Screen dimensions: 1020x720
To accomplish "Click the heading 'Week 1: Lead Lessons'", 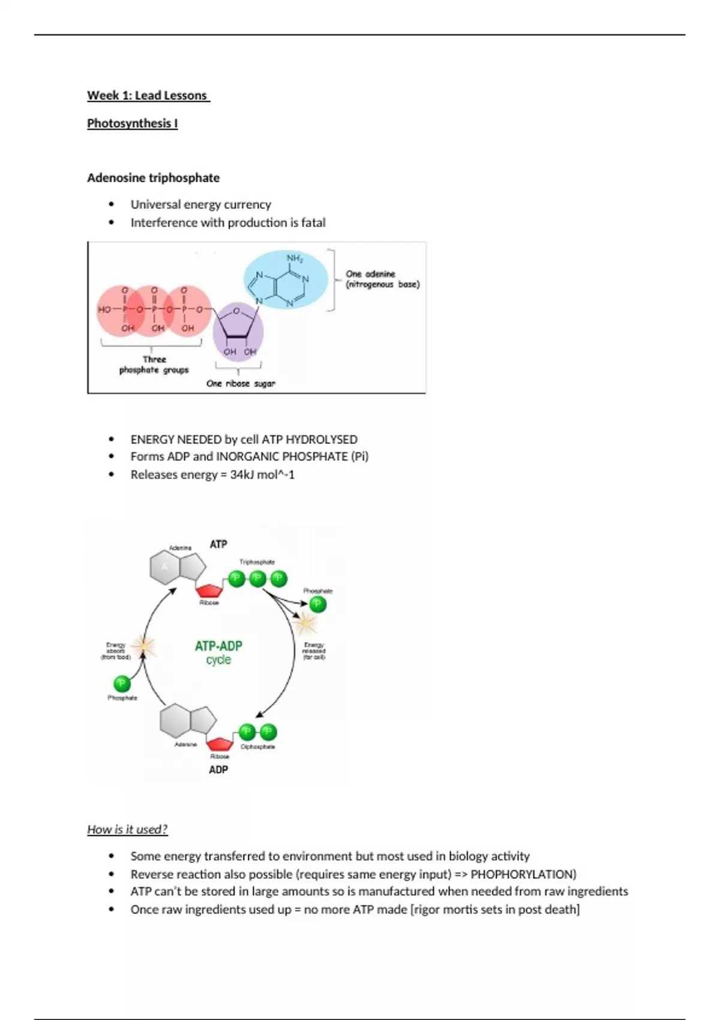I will pos(148,95).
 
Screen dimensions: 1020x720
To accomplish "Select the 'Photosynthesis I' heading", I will pos(132,123).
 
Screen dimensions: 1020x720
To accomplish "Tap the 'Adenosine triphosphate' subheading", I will pos(153,178).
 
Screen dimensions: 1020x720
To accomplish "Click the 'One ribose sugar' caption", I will pos(241,383).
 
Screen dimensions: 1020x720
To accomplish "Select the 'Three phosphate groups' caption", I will pos(154,365).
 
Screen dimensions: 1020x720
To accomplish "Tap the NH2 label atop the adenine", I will pos(295,259).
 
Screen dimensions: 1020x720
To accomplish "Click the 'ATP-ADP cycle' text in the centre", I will pos(218,652).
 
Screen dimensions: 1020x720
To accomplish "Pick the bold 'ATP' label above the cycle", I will pos(218,544).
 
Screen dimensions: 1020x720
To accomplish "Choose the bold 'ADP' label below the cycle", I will pos(218,769).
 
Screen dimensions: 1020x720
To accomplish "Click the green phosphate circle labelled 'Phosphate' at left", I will pos(122,683).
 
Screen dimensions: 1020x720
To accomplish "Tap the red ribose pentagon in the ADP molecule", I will pos(220,744).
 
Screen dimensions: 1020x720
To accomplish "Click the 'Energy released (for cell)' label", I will pos(314,651).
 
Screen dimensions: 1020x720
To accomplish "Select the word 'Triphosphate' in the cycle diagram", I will pos(257,562).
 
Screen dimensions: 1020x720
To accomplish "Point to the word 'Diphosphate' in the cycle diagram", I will pos(258,747).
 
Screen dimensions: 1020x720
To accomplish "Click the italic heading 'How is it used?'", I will pos(127,829).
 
